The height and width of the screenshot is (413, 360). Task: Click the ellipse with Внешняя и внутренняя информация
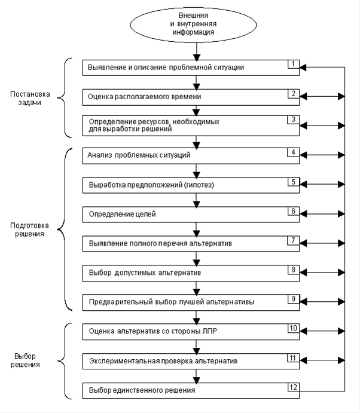[193, 25]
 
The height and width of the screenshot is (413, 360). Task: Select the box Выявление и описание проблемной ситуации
[191, 68]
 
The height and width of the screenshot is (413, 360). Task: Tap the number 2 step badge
[294, 94]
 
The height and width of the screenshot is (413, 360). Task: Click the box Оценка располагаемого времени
[191, 97]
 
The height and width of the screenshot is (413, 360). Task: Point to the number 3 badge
[294, 120]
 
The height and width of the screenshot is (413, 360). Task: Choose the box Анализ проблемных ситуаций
[191, 155]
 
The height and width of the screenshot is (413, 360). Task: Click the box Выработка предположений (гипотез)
[191, 185]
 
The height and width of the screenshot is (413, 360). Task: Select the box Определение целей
[191, 215]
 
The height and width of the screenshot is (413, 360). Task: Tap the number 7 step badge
[294, 240]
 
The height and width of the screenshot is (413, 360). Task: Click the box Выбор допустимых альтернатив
[191, 273]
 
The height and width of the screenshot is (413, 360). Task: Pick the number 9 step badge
[294, 299]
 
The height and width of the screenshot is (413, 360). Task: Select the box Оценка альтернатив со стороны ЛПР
[191, 332]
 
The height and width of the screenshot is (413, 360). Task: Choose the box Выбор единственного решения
[191, 390]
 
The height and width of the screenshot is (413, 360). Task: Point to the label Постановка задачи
[30, 98]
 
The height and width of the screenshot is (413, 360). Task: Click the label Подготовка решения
[29, 230]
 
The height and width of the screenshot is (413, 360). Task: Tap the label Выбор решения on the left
[25, 360]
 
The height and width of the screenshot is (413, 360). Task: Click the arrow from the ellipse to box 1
[197, 51]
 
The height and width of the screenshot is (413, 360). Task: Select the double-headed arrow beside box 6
[322, 214]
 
